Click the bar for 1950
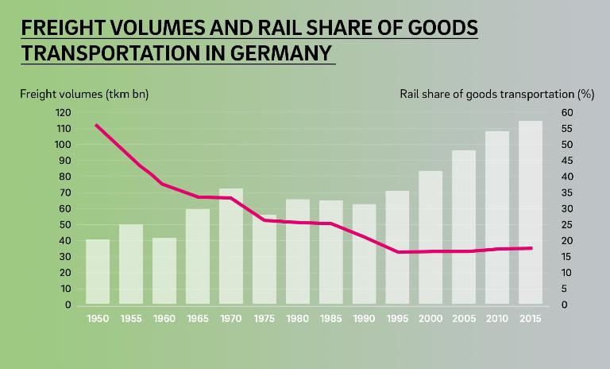pyautogui.click(x=98, y=272)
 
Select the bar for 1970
pyautogui.click(x=231, y=247)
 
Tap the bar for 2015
pyautogui.click(x=531, y=212)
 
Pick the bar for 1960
pyautogui.click(x=164, y=271)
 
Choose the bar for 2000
pyautogui.click(x=430, y=238)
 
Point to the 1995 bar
pyautogui.click(x=397, y=247)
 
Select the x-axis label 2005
pyautogui.click(x=464, y=318)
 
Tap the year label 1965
pyautogui.click(x=198, y=318)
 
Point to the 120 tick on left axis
pyautogui.click(x=64, y=112)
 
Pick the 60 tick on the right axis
pyautogui.click(x=566, y=112)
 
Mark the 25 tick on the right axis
pyautogui.click(x=566, y=224)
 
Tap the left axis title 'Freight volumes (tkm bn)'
pyautogui.click(x=84, y=94)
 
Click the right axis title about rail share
pyautogui.click(x=497, y=94)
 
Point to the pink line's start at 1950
pyautogui.click(x=97, y=125)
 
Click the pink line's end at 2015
pyautogui.click(x=531, y=248)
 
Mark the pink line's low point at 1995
pyautogui.click(x=397, y=252)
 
